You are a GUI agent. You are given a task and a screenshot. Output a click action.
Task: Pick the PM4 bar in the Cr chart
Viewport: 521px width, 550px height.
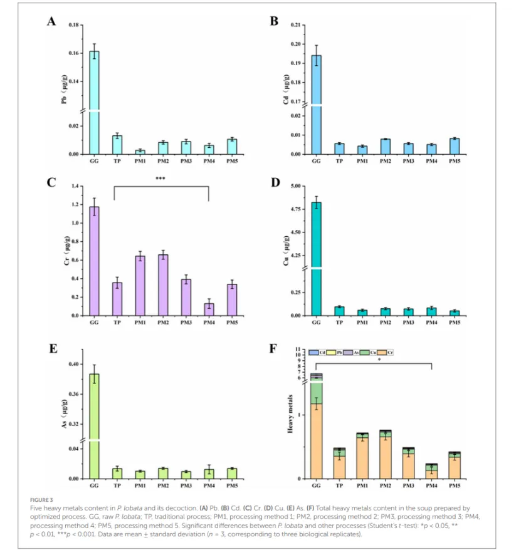tap(209, 309)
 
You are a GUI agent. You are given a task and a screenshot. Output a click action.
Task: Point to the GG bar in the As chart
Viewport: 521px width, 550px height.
tap(94, 426)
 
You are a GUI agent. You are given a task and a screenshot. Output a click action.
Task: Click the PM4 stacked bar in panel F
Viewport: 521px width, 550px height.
tap(431, 471)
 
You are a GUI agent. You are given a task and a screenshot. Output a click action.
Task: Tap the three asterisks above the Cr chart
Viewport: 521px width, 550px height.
tap(161, 179)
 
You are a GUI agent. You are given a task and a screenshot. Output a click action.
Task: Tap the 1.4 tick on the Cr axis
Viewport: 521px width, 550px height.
tap(78, 186)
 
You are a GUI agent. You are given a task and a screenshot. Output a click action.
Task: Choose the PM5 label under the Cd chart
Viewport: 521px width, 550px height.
tap(455, 161)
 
